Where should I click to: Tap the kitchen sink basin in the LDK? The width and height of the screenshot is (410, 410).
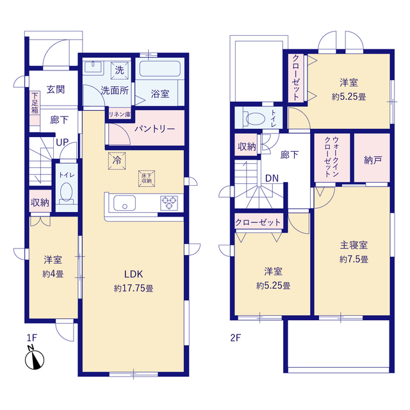coord(124,203)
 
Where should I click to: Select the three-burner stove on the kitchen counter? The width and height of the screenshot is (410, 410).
coord(169,203)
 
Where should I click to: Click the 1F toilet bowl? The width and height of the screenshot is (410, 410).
coord(66,192)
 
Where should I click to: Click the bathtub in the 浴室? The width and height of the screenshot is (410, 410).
coord(160,69)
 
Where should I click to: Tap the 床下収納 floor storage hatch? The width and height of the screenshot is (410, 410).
coord(147,179)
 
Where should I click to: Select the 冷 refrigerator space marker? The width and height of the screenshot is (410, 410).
coord(117,161)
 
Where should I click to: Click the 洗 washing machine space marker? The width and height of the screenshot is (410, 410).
coord(120,70)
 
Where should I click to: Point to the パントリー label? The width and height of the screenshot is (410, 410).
coord(154,129)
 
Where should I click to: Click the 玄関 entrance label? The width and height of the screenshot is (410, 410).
coord(56,90)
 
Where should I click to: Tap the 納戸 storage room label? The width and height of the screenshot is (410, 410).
coord(373,160)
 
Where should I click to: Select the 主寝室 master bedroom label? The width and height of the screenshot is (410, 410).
coord(354,245)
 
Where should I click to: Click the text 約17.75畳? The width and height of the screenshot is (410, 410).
coord(133,288)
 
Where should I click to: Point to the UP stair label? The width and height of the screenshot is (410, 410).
coord(63,142)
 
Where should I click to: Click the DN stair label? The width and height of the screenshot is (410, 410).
coord(272,178)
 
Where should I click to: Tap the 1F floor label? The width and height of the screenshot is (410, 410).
coord(32,338)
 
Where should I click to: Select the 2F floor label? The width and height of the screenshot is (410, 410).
coord(235,338)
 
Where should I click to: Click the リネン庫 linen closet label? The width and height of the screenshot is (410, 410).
coord(120,114)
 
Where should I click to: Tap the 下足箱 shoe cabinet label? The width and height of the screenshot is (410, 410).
coord(35,102)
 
